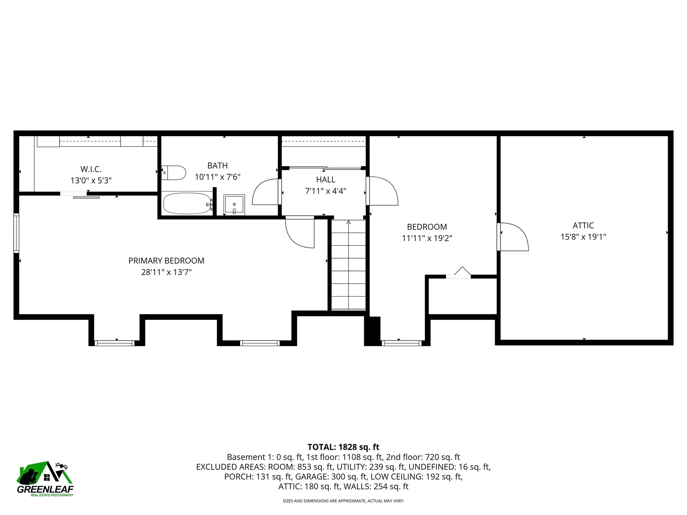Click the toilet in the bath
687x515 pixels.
click(174, 173)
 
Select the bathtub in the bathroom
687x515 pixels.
click(187, 203)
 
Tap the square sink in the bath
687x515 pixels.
click(234, 205)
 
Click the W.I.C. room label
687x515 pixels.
click(91, 169)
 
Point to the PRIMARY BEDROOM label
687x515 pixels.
click(166, 261)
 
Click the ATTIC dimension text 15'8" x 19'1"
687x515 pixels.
click(583, 237)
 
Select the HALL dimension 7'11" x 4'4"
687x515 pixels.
click(326, 191)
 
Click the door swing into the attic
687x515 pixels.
click(513, 236)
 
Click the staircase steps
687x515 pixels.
click(349, 268)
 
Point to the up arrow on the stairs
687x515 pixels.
click(349, 223)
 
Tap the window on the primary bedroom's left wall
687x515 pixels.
click(16, 233)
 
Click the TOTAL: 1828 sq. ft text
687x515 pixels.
click(343, 447)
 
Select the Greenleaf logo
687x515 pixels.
click(45, 479)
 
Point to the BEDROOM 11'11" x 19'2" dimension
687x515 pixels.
click(427, 238)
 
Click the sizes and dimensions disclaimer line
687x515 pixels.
click(343, 501)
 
